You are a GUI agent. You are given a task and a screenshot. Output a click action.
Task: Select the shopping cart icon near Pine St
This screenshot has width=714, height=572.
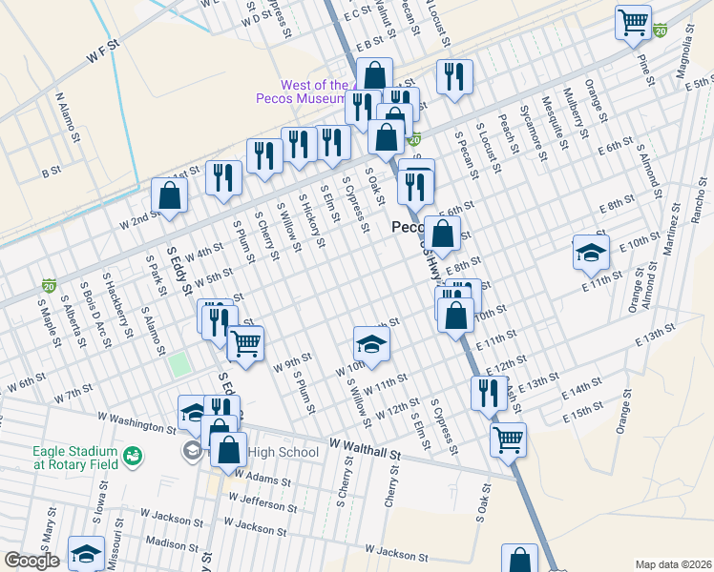(x=634, y=23)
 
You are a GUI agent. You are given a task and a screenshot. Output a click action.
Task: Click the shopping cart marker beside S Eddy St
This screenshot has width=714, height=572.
(x=246, y=343)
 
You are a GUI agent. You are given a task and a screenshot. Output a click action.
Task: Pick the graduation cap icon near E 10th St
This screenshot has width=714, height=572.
(x=591, y=252)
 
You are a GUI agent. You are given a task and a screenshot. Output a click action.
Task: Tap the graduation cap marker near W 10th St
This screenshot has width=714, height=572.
(x=372, y=344)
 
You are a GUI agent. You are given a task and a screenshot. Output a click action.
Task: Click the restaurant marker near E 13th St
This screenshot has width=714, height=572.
(x=489, y=392)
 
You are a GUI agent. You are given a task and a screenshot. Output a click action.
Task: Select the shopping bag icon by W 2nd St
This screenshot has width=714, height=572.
(x=169, y=195)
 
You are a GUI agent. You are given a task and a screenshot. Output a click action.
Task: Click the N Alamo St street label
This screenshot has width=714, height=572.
(x=67, y=117)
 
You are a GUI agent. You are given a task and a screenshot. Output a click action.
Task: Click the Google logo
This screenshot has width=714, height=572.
(x=31, y=561)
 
